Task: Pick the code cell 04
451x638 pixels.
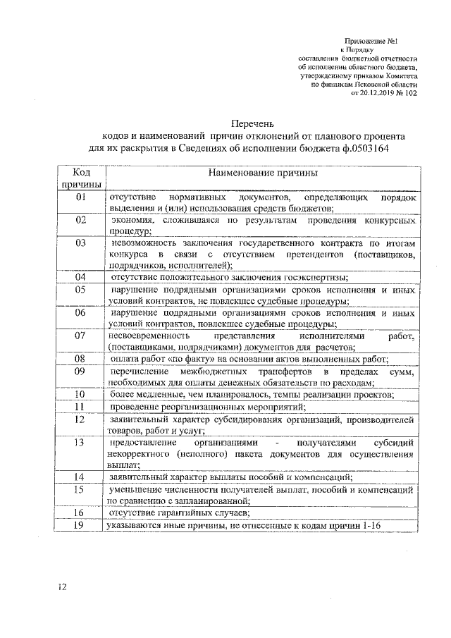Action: [80, 276]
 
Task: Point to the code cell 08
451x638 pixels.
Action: [80, 358]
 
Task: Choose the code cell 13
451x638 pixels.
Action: [80, 442]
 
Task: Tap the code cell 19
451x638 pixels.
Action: [80, 525]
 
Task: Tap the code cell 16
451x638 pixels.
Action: [80, 513]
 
